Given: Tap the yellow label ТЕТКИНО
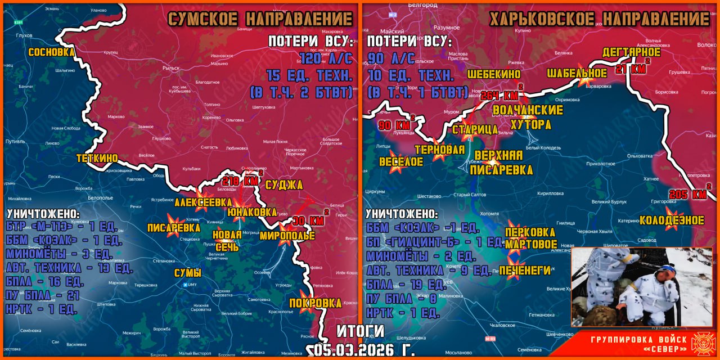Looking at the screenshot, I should [97, 159].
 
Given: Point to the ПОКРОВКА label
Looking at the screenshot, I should [315, 303].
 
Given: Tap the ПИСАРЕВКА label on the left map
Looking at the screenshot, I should [173, 228].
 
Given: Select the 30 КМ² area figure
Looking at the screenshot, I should [309, 220].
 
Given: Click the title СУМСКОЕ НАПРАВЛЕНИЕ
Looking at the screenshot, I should [260, 19].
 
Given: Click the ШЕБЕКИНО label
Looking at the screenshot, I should [493, 74].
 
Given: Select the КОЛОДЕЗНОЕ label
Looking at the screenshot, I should [672, 220].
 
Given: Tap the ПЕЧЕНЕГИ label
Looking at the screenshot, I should [524, 271].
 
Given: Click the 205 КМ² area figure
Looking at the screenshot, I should [689, 194].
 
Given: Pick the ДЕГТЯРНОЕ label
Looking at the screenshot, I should [631, 52].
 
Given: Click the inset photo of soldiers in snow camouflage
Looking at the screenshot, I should [641, 287].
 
